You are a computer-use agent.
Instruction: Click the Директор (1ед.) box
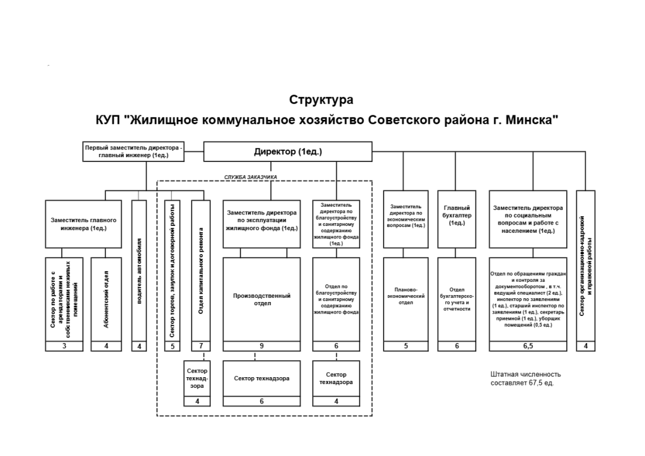(x=287, y=151)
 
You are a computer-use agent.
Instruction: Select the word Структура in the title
(x=321, y=100)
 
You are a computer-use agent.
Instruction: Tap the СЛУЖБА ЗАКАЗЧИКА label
(x=251, y=177)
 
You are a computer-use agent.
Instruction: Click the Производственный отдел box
(x=261, y=299)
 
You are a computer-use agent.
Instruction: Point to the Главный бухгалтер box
(x=457, y=218)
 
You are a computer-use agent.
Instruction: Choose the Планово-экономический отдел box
(x=406, y=299)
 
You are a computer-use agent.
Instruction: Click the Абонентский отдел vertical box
(x=106, y=299)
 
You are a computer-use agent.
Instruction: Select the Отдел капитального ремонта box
(x=200, y=271)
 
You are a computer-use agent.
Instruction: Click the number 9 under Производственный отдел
(x=261, y=346)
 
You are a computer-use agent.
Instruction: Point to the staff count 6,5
(x=528, y=346)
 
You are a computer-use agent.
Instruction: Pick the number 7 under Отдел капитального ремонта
(x=200, y=346)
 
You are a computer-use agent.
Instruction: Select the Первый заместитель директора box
(x=134, y=151)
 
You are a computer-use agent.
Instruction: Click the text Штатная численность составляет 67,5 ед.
(x=525, y=378)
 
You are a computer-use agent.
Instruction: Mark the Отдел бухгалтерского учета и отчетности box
(x=457, y=299)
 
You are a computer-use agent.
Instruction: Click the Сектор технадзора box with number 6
(x=261, y=378)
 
